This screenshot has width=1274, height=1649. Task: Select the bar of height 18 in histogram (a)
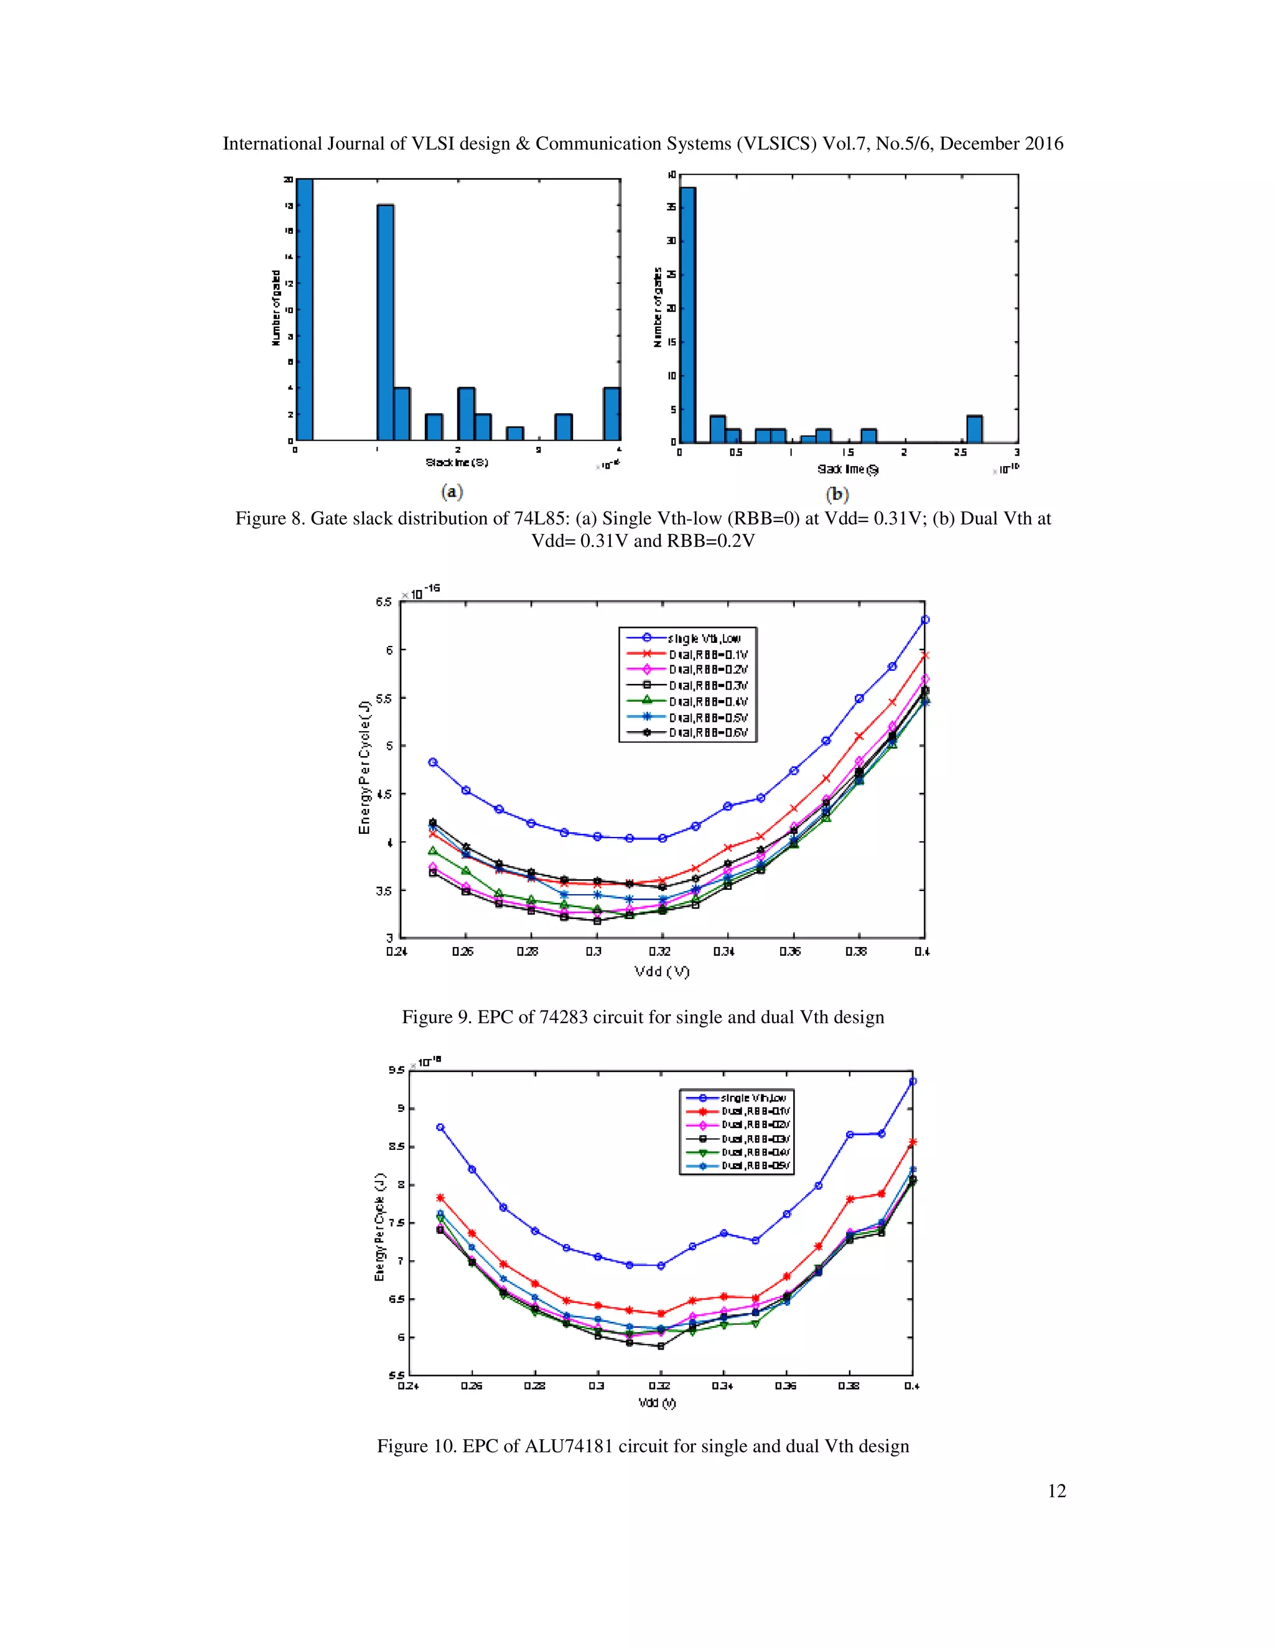[385, 322]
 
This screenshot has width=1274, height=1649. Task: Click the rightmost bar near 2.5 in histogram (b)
[974, 429]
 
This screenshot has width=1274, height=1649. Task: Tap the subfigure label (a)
[452, 492]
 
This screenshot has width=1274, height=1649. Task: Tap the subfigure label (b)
[837, 495]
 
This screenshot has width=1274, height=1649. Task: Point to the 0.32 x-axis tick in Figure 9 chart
[659, 951]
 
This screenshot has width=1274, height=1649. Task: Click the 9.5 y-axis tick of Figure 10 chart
[396, 1070]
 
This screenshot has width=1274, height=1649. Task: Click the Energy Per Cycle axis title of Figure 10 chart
[379, 1227]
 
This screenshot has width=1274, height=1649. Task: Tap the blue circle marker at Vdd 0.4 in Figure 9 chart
[924, 620]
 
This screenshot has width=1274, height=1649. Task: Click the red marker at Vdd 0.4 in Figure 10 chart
[913, 1142]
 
